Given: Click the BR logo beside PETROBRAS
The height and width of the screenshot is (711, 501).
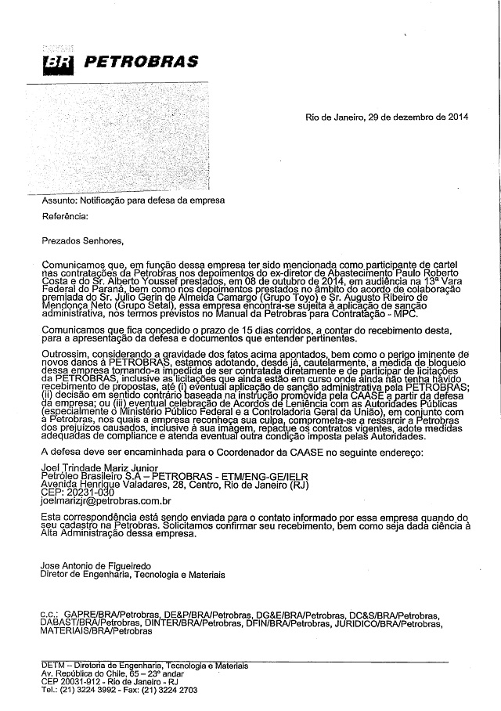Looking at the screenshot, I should [x=56, y=62].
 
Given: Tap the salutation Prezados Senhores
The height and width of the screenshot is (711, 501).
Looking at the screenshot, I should [x=81, y=242].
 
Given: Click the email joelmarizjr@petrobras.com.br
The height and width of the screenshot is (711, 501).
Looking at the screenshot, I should [x=106, y=500].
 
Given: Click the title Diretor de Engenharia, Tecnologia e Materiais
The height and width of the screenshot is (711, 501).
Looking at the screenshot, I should [x=132, y=575].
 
